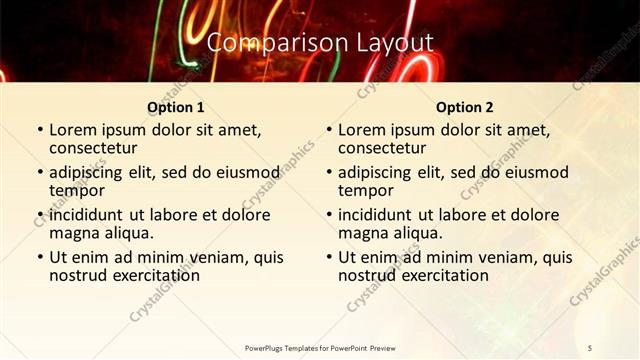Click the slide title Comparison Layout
pyautogui.click(x=320, y=43)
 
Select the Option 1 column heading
pyautogui.click(x=175, y=107)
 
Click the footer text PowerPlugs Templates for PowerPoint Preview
pyautogui.click(x=320, y=347)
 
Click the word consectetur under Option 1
pyautogui.click(x=97, y=148)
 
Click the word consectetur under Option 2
pyautogui.click(x=386, y=148)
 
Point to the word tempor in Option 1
pyautogui.click(x=77, y=190)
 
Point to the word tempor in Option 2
pyautogui.click(x=366, y=190)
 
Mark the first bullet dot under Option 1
pyautogui.click(x=40, y=131)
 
